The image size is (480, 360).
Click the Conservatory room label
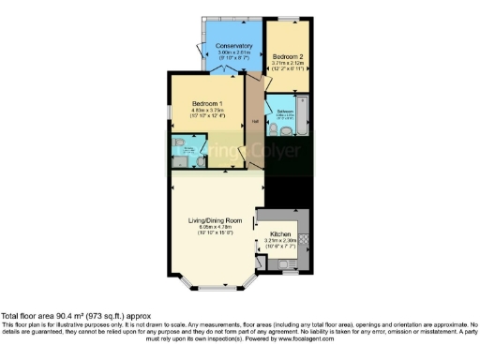tap(234, 46)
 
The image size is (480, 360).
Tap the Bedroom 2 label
tap(287, 56)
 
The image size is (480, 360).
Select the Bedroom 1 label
tap(206, 103)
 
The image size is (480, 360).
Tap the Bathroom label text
tap(284, 111)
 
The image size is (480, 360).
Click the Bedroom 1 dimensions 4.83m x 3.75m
tap(206, 112)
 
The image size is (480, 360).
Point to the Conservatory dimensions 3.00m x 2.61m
tap(234, 53)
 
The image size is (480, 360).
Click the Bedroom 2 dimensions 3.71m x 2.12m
tap(287, 65)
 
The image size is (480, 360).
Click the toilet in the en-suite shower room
tap(200, 159)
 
